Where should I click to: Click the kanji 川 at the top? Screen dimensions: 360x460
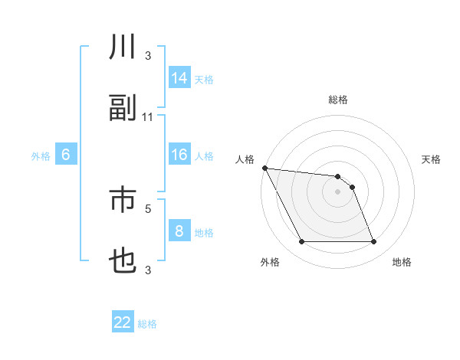[123, 48]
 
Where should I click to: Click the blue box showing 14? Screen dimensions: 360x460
[179, 77]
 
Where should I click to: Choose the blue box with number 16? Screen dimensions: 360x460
[179, 155]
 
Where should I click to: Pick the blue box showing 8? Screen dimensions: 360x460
[179, 231]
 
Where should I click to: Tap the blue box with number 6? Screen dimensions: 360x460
[66, 155]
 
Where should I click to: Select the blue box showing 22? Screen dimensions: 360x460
[123, 322]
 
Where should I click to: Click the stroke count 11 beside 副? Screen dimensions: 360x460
[148, 116]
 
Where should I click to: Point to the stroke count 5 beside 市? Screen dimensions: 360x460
[148, 208]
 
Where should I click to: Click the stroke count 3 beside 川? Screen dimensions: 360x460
[148, 55]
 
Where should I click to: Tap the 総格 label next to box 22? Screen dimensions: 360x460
[147, 324]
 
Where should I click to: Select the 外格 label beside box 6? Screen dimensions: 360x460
[41, 156]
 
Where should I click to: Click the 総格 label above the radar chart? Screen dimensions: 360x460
[337, 100]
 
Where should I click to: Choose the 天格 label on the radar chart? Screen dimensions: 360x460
[431, 159]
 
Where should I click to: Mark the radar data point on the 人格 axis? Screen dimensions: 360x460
[264, 168]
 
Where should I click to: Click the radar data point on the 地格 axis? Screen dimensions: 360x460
[374, 242]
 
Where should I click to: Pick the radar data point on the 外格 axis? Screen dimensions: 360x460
[301, 242]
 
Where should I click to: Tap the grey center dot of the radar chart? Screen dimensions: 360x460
[337, 191]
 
